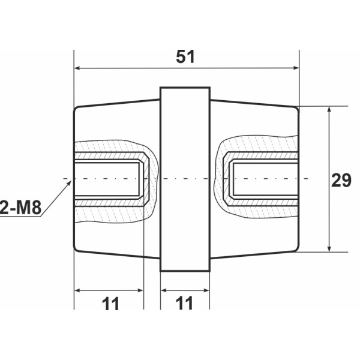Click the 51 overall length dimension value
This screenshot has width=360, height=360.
[x=186, y=56]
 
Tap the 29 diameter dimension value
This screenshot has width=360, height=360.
[x=341, y=179]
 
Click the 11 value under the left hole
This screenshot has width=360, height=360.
[x=109, y=304]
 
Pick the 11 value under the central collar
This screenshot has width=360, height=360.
[x=185, y=304]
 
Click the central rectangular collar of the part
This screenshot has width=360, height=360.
[x=185, y=179]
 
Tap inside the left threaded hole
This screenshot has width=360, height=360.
[x=108, y=179]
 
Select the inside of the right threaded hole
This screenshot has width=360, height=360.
[x=264, y=179]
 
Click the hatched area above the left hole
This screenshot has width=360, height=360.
[x=111, y=148]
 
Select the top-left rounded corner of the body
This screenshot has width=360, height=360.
[x=76, y=109]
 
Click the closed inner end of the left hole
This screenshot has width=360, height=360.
[x=142, y=179]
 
